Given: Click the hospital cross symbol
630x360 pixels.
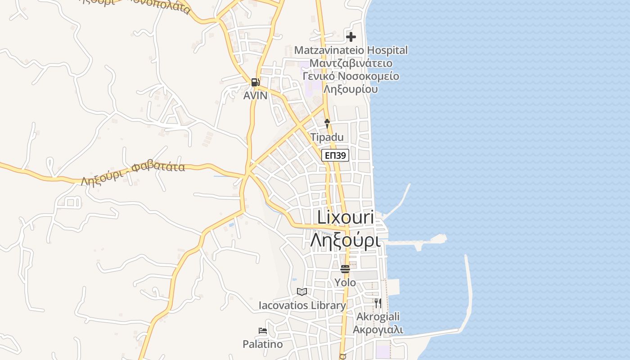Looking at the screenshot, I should pos(351,37).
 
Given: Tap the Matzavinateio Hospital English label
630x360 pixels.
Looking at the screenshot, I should pos(351,50).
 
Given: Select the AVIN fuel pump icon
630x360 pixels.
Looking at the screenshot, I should pos(255,82).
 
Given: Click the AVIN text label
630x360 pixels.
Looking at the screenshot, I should pos(255,95).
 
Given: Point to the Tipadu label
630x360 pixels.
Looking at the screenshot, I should pos(327,137).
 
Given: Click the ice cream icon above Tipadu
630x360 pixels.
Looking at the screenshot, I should pos(327,123).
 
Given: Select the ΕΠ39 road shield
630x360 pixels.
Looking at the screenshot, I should pos(335,156).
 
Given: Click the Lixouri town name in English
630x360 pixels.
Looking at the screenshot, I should pos(346,217).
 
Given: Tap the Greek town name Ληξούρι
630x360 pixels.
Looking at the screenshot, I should pos(346,241).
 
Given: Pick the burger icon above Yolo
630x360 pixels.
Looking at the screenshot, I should pos(345,269).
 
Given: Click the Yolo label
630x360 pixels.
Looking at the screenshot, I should pos(345,283).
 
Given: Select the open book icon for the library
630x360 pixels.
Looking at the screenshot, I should pos(302,292).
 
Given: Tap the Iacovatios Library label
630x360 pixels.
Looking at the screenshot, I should pos(302,306).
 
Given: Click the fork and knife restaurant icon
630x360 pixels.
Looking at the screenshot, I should pos(378,303).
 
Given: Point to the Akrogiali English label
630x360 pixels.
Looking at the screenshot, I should pos(378,317).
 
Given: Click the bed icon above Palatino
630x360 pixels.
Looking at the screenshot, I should pos(263,331).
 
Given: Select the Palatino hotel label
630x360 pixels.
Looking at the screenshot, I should pos(263,344).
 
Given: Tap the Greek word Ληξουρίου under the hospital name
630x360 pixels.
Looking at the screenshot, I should pos(351,89).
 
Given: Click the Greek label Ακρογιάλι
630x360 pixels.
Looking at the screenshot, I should pos(378,329).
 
